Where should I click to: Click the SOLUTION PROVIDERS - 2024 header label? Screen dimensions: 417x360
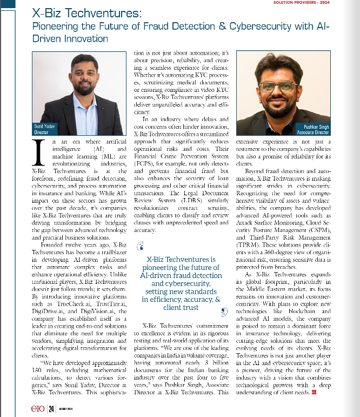[x=323, y=3]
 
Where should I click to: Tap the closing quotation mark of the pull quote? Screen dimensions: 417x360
[x=223, y=312]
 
